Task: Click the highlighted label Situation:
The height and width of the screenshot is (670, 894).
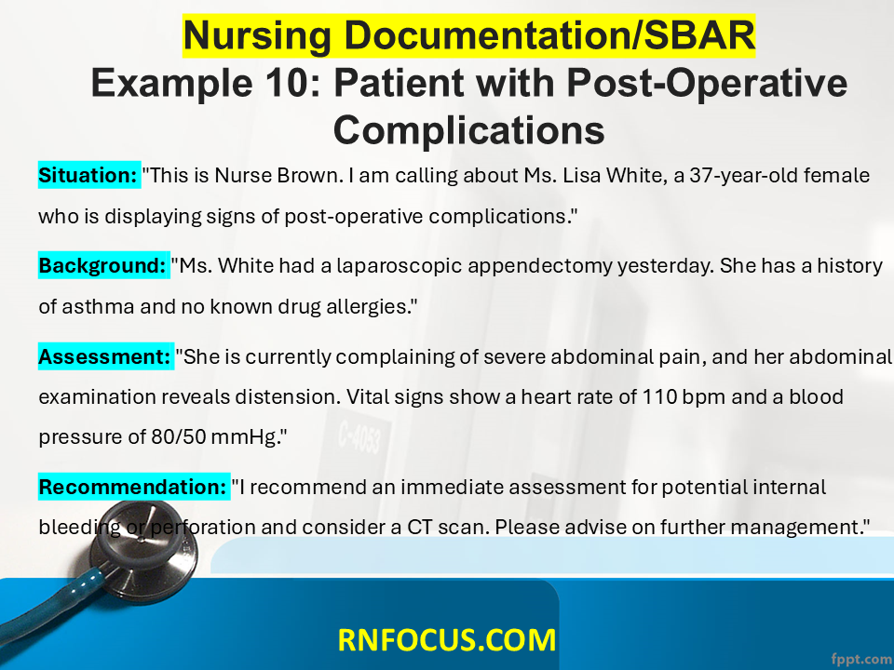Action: [x=89, y=176]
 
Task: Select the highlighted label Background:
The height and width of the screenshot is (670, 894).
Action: [x=103, y=265]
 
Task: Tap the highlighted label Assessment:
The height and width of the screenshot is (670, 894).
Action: [x=106, y=356]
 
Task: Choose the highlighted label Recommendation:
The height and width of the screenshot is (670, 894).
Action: [x=134, y=487]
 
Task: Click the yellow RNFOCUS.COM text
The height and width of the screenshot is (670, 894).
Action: [x=447, y=639]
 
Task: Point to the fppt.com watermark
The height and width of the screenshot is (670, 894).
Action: [x=861, y=659]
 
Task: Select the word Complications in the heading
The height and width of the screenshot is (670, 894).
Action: [x=468, y=130]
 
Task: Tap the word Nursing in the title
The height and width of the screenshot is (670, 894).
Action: [x=257, y=36]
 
